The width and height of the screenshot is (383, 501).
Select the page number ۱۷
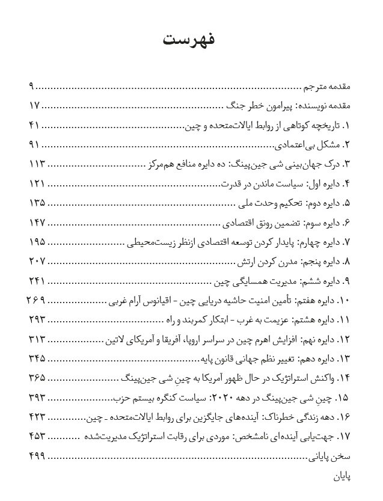[34, 106]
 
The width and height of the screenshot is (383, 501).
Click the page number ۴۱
[34, 125]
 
